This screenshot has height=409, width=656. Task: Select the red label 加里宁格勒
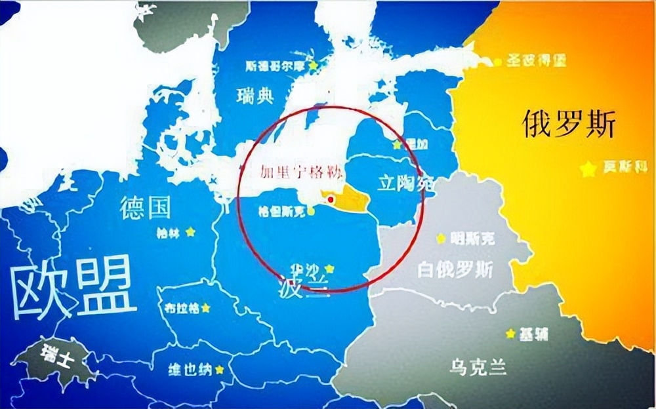pyautogui.click(x=290, y=172)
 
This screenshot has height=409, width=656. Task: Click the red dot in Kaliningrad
pyautogui.click(x=331, y=199)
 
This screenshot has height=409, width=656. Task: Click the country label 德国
pyautogui.click(x=145, y=208)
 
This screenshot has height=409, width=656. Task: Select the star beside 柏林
pyautogui.click(x=190, y=231)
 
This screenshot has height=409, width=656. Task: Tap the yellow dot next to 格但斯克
pyautogui.click(x=310, y=211)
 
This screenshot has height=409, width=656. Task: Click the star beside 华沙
pyautogui.click(x=329, y=268)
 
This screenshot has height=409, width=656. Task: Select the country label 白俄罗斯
pyautogui.click(x=457, y=269)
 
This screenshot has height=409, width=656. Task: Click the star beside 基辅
pyautogui.click(x=510, y=334)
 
